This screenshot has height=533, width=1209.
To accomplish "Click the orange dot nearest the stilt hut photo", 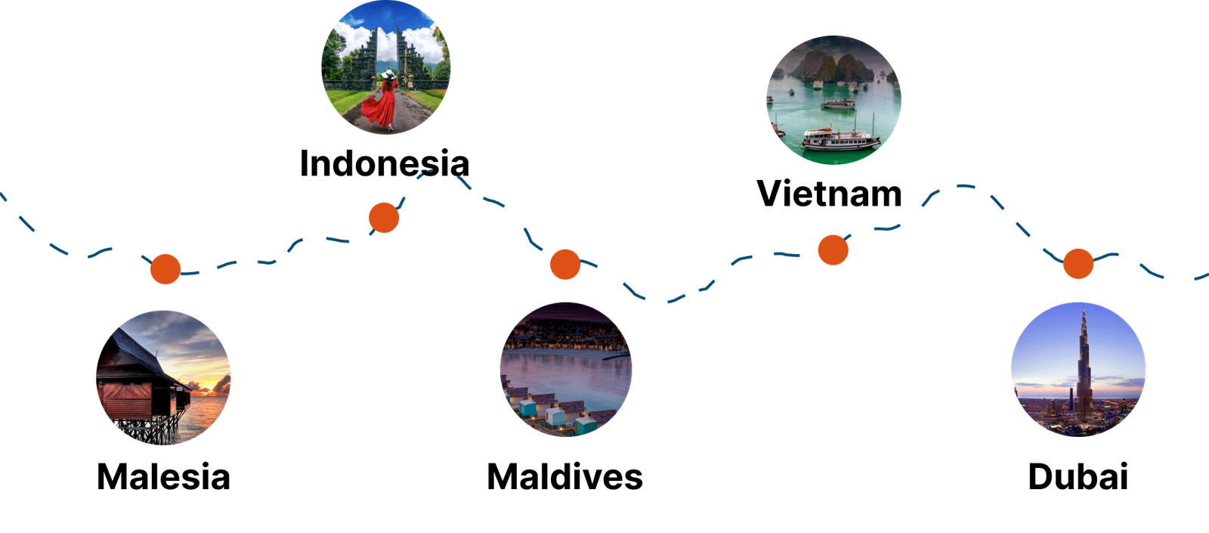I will pyautogui.click(x=165, y=269).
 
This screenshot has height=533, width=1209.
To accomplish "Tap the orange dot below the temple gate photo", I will pyautogui.click(x=384, y=218).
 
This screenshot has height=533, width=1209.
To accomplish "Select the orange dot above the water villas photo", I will pyautogui.click(x=565, y=264).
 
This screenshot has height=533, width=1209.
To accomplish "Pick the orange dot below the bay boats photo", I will pyautogui.click(x=833, y=249).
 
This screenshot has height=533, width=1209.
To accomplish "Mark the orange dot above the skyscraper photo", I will pyautogui.click(x=1078, y=263).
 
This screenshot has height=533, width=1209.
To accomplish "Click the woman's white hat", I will pyautogui.click(x=388, y=74).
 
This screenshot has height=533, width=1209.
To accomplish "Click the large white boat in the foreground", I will pyautogui.click(x=840, y=138).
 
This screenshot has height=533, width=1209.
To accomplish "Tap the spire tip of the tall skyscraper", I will pyautogui.click(x=1083, y=311).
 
